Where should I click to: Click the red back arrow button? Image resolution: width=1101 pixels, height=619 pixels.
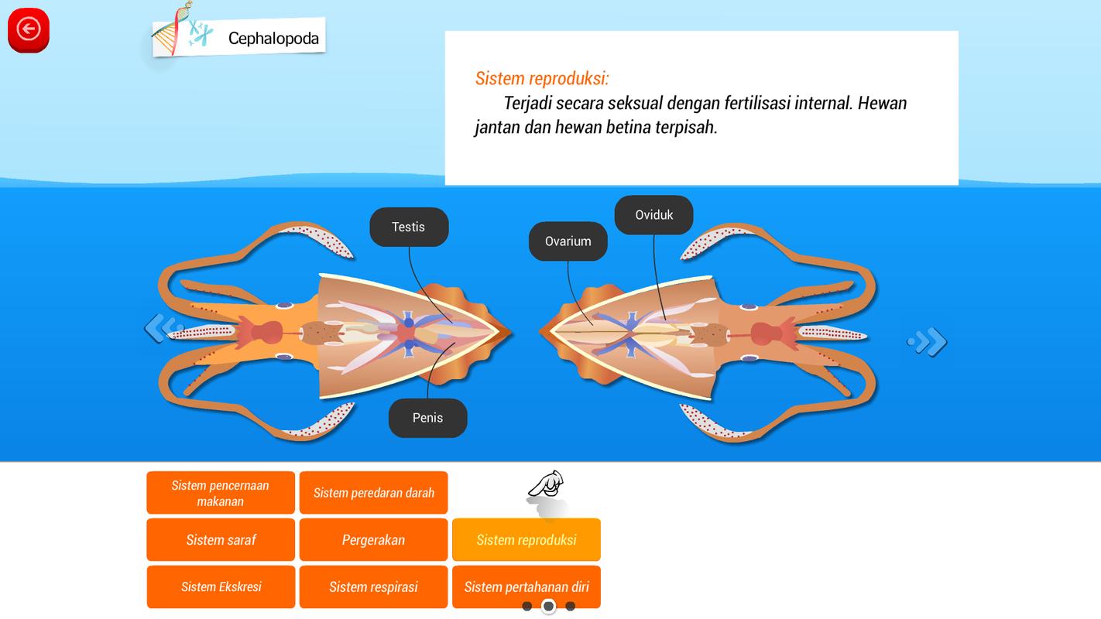click(29, 29)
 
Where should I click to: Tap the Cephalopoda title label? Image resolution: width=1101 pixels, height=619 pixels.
click(273, 39)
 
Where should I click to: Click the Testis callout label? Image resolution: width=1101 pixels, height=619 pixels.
click(409, 227)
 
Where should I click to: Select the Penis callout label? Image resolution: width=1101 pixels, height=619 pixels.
click(427, 418)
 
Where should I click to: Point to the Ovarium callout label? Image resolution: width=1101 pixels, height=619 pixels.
click(568, 241)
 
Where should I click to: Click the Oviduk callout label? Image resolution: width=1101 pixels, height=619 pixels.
click(653, 214)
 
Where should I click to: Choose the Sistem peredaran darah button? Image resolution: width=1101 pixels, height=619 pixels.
click(373, 493)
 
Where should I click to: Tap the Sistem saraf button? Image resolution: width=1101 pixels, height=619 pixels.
click(221, 539)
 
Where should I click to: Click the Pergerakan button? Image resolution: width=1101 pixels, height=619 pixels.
click(373, 539)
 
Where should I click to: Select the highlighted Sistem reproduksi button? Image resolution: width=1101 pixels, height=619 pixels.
click(526, 539)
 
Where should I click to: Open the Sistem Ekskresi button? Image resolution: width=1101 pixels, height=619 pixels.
click(221, 587)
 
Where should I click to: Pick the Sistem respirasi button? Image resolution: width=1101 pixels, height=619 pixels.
click(373, 587)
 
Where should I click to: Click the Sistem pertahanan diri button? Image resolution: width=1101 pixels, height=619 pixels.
click(526, 587)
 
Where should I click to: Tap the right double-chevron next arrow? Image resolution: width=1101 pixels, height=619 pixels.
click(927, 341)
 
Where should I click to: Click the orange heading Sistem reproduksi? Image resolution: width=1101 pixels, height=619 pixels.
click(542, 78)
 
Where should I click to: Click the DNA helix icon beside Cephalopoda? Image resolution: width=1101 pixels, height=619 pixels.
click(172, 29)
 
